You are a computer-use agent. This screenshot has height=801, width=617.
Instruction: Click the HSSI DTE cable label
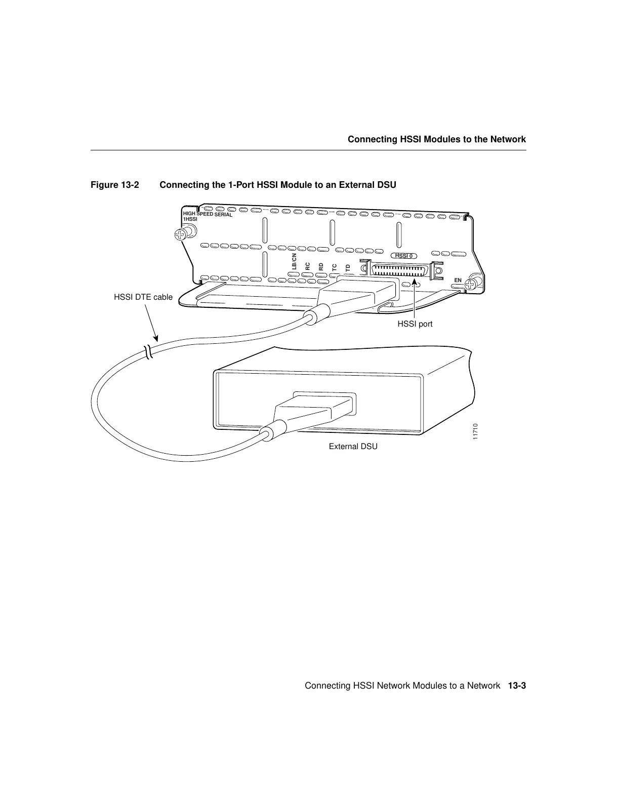143,297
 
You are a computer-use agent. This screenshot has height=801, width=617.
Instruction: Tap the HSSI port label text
415,324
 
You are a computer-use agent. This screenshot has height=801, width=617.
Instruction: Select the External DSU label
353,447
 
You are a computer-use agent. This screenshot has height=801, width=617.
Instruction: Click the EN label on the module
458,280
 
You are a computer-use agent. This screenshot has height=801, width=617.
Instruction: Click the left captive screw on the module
181,235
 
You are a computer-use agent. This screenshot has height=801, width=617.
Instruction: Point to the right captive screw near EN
473,283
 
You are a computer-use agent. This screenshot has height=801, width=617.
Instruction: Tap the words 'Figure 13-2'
114,185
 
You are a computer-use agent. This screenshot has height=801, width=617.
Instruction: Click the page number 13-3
517,686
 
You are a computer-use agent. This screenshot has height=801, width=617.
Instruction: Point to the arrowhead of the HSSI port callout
414,282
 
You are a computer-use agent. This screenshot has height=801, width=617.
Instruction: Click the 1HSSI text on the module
190,219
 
